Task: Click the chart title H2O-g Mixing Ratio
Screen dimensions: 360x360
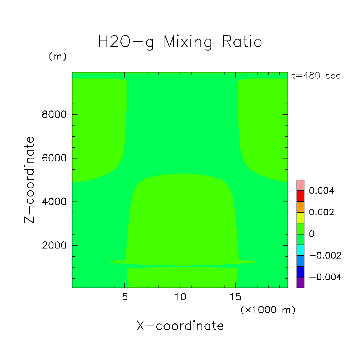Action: coord(180,42)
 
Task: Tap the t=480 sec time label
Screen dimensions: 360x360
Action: coord(316,76)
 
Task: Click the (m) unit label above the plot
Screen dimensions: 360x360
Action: coord(58,57)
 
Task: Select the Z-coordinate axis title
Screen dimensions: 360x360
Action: coord(30,180)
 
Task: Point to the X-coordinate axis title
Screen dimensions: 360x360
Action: coord(180,326)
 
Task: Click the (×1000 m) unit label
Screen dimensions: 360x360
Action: coord(268,310)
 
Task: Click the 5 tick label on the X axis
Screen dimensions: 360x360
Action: coord(125,297)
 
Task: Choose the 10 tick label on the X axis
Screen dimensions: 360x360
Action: coord(180,297)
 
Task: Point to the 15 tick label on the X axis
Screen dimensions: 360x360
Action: coord(235,297)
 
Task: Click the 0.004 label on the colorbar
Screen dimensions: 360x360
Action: coord(322,191)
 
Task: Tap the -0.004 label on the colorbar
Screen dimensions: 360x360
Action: coord(325,277)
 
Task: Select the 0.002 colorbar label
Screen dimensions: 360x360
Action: coord(322,212)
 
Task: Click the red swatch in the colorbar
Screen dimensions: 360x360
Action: coord(300,196)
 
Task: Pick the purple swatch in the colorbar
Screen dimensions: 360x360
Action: coord(300,283)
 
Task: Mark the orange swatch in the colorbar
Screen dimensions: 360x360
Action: coord(300,207)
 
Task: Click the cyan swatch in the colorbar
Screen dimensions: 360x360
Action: coord(300,250)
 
